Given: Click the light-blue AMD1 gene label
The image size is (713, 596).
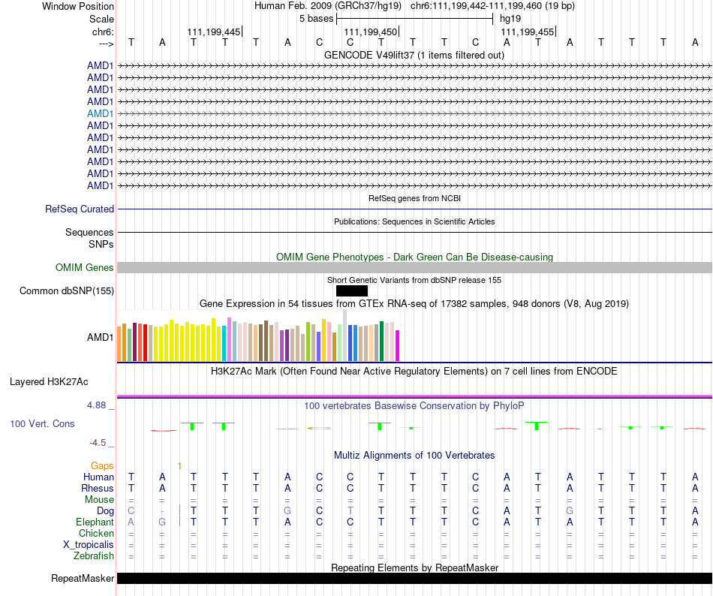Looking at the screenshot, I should (x=101, y=113).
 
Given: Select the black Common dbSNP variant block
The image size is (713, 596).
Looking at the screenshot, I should (x=352, y=290).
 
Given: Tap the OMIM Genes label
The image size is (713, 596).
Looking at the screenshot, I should (x=85, y=268).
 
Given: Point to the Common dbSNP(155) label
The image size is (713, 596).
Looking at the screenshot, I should (x=67, y=291).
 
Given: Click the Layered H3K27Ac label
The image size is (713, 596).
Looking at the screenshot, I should (x=49, y=381).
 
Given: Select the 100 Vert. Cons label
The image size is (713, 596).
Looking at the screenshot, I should (x=42, y=424).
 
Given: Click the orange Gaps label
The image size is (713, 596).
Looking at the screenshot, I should (x=102, y=466).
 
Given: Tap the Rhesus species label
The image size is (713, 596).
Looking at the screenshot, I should (x=98, y=489).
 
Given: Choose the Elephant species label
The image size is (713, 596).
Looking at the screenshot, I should (x=95, y=522).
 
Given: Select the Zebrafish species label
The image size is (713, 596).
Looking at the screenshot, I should (x=94, y=556).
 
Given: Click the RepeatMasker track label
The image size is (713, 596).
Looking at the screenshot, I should (x=83, y=579).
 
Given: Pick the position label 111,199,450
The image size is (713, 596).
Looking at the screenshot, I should (x=369, y=32).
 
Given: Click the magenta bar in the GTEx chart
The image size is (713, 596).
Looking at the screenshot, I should (x=398, y=345).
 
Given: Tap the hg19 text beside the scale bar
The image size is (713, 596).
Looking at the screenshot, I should (x=510, y=18).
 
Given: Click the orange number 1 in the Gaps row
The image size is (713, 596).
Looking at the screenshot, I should (x=179, y=466).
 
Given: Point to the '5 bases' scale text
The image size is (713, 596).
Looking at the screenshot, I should (x=316, y=18).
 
